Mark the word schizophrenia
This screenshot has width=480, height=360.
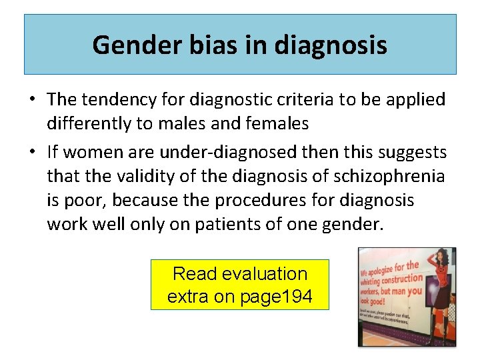pyautogui.click(x=387, y=176)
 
